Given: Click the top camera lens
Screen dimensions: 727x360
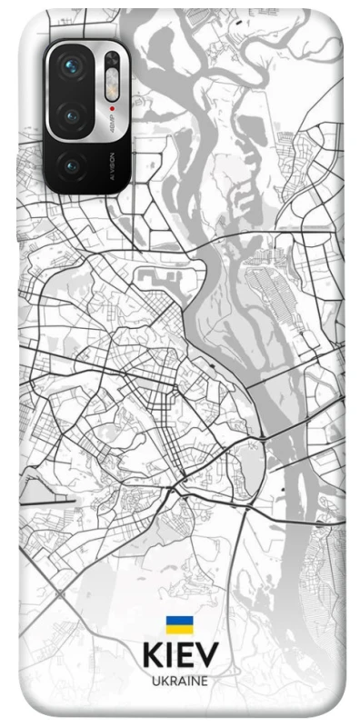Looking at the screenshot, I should coord(72,65).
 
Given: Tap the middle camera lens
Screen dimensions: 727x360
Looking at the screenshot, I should coord(72,115).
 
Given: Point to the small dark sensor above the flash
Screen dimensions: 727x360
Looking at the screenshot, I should coord(112,61).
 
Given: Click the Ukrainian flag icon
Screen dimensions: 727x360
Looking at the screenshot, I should coord(179,624).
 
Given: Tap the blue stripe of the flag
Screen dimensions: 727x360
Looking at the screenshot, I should coord(179,621).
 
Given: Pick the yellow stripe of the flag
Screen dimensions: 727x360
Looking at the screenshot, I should coord(179,629).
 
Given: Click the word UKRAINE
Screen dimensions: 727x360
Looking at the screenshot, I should coord(179,679).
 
